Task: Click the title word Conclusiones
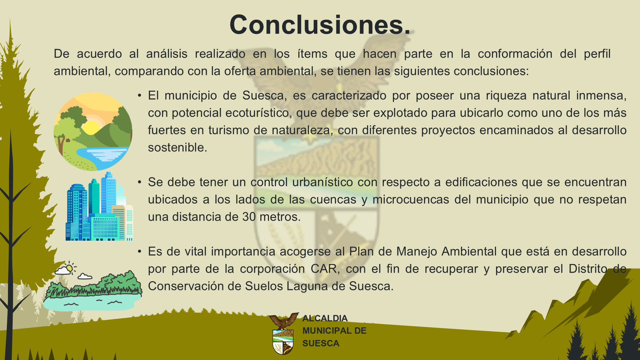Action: click(320, 25)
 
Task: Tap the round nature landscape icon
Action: click(93, 132)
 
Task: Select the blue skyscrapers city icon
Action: click(99, 206)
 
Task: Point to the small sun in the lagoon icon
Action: click(69, 268)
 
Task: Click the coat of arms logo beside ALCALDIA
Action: click(283, 333)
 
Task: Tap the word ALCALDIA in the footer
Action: click(325, 318)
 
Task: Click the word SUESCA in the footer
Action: click(321, 343)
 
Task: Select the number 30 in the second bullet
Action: click(249, 217)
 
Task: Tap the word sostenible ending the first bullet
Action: click(177, 147)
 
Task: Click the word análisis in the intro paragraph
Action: click(167, 54)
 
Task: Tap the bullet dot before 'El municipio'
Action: click(140, 96)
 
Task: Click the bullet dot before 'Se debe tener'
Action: click(140, 182)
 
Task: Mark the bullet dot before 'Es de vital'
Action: click(140, 252)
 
